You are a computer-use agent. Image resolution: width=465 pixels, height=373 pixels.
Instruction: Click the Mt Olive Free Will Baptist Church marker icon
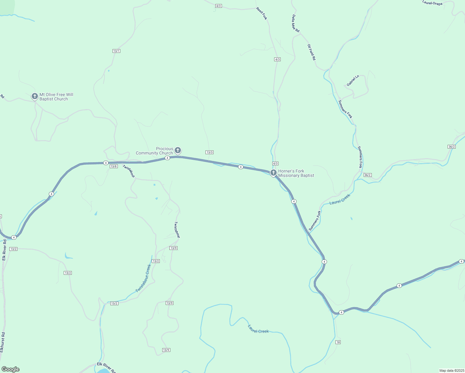35,96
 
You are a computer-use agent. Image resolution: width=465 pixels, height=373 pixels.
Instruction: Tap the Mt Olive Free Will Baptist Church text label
56,97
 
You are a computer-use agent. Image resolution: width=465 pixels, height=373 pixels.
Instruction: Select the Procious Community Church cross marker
178,151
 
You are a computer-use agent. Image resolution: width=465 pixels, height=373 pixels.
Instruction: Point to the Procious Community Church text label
154,151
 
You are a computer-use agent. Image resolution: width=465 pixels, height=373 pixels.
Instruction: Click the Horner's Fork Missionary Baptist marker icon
274,173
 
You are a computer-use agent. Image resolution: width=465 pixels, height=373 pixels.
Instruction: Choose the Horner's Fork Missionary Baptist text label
296,173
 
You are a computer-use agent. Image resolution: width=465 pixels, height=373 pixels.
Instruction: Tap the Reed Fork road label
262,13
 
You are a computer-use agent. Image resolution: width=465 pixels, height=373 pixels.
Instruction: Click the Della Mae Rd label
295,24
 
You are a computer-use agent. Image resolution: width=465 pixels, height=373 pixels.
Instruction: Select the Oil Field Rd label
311,52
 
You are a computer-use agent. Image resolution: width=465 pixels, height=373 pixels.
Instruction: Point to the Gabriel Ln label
353,81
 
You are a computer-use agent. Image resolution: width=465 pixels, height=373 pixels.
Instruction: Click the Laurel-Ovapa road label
432,3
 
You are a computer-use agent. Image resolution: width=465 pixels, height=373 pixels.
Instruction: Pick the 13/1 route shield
116,51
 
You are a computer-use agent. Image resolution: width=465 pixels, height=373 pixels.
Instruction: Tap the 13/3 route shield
209,152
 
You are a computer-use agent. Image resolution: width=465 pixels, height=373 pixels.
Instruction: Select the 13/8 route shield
114,166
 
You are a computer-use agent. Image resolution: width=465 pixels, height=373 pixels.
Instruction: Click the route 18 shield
338,342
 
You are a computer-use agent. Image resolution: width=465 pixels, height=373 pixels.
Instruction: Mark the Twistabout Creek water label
143,279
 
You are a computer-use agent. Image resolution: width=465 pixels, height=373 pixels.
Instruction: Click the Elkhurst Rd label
2,342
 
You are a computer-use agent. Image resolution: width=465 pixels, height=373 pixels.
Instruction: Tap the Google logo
11,369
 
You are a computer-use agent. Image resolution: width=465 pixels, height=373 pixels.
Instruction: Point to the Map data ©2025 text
451,371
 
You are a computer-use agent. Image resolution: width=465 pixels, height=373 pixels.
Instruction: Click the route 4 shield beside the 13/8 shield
106,163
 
